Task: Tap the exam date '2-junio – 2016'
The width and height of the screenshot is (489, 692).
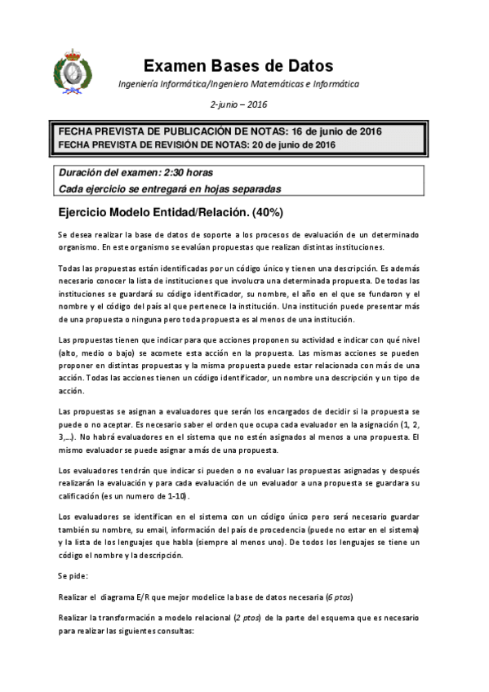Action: [x=238, y=104]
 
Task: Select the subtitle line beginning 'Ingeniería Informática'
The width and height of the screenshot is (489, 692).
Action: [x=238, y=85]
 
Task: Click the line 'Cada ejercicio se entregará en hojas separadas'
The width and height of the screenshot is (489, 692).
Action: [x=170, y=188]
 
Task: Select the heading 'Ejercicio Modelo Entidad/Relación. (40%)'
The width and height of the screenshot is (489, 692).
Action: [x=170, y=212]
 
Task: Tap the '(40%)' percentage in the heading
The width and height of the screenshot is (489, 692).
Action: [x=265, y=212]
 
